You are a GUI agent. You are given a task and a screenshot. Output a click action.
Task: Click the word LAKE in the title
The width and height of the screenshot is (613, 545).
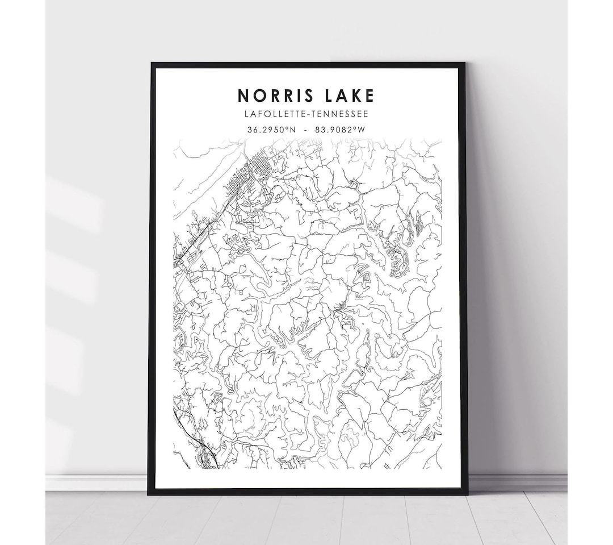[346, 95]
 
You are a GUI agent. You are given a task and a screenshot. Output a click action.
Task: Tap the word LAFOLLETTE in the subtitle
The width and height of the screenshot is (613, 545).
[274, 114]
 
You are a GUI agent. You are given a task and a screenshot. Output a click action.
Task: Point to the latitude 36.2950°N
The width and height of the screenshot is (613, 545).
[271, 130]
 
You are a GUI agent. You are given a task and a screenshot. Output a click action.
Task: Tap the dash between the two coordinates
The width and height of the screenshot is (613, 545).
[306, 130]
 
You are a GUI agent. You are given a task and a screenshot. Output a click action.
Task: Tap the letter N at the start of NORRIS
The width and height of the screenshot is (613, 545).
[243, 95]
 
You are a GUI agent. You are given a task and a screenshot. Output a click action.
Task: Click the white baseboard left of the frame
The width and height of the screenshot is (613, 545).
[96, 482]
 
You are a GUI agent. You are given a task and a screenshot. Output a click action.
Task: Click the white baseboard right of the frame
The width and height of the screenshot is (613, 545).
[517, 482]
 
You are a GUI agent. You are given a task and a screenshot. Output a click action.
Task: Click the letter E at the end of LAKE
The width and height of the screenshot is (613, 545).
[370, 95]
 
